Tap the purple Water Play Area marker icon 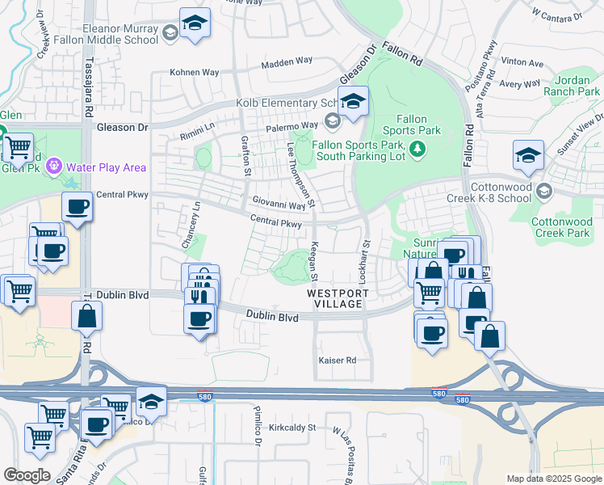[54, 167]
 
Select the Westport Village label [338, 298]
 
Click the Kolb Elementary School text [287, 103]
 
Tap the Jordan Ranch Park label [577, 86]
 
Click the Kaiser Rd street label [338, 360]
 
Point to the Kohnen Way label [194, 72]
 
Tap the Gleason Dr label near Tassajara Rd [123, 127]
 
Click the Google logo [27, 475]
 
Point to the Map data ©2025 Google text [553, 479]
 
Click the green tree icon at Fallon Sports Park [417, 148]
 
